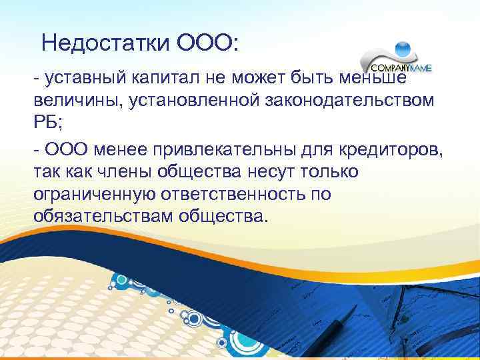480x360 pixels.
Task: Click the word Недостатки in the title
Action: [x=97, y=44]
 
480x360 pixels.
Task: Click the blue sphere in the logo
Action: [x=403, y=49]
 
